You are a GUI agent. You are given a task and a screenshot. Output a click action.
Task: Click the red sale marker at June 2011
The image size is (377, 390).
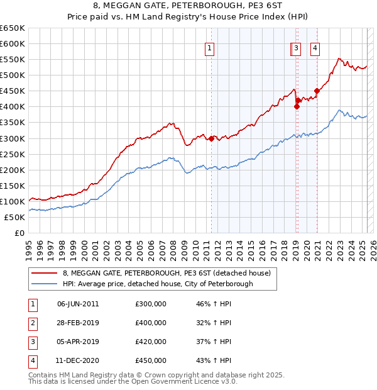(x=211, y=138)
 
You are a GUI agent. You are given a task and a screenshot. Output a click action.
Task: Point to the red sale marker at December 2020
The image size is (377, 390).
(x=317, y=91)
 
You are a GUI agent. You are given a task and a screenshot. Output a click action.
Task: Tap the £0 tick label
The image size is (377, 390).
(x=19, y=233)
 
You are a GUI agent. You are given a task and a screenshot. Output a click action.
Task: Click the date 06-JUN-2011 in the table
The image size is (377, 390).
(x=78, y=304)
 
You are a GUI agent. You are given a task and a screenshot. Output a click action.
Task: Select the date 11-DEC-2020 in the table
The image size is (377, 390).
(x=78, y=360)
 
